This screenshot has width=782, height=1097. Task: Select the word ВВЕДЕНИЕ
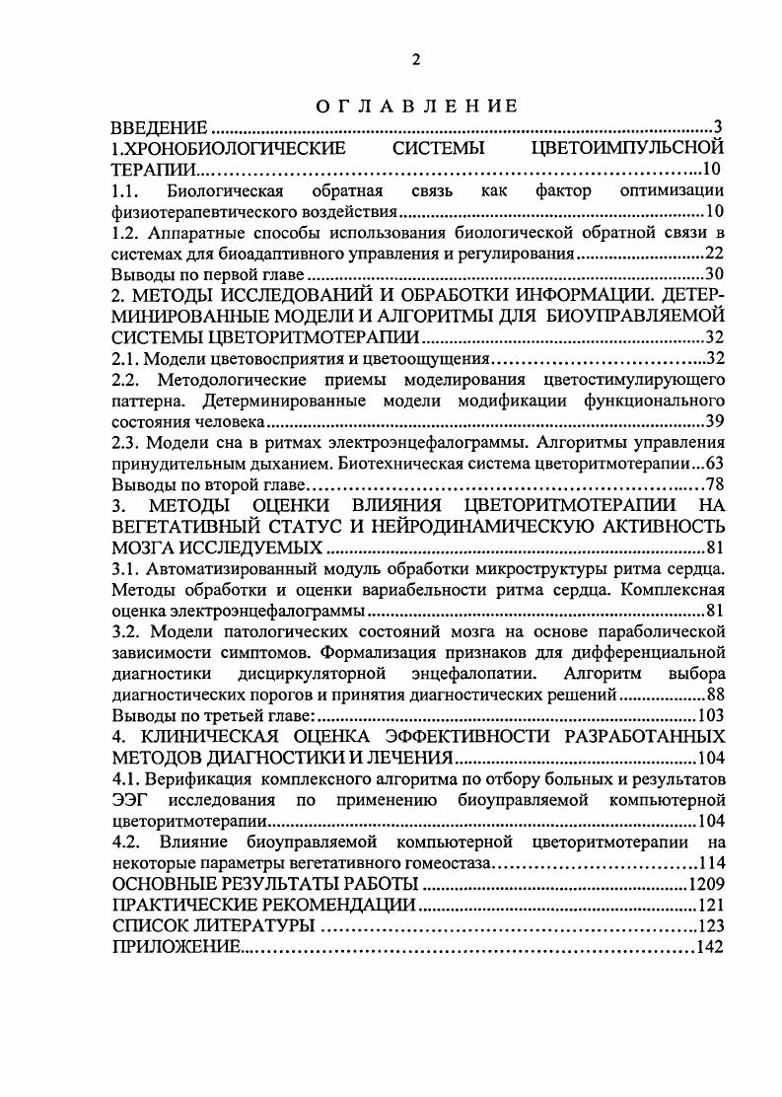tap(158, 128)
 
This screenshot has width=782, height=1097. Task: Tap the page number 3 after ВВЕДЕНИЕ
tap(719, 128)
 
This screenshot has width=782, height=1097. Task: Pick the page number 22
tap(715, 254)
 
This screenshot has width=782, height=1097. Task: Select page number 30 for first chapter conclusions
tap(715, 274)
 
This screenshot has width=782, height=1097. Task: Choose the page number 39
tap(715, 421)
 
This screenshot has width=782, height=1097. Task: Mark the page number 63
tap(715, 463)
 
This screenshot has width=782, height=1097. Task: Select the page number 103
tap(711, 716)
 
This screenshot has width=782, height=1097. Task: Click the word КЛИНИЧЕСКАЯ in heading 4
tap(213, 737)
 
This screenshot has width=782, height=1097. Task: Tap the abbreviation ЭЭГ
tap(130, 800)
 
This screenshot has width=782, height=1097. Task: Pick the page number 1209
tap(706, 884)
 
